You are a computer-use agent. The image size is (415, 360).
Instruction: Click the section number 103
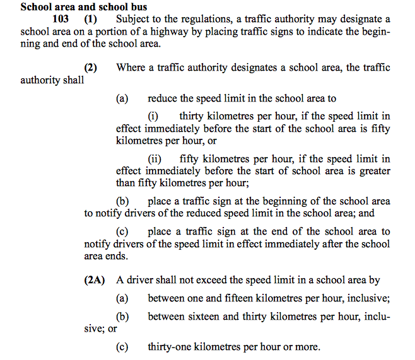[59, 20]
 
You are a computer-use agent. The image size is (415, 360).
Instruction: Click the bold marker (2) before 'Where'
[91, 68]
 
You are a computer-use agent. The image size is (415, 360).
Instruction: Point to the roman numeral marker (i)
[153, 116]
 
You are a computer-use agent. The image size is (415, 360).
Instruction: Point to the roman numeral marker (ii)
[155, 159]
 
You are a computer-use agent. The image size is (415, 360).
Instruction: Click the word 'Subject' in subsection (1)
[132, 20]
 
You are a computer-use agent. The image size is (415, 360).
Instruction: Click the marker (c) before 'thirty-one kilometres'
[122, 346]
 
